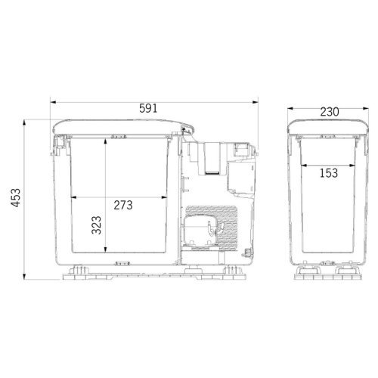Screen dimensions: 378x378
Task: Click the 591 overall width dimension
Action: (x=148, y=108)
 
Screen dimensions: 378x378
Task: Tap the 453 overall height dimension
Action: (x=16, y=198)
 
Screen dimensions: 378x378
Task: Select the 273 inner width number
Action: (x=123, y=205)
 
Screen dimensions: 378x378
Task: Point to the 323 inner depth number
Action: (x=96, y=225)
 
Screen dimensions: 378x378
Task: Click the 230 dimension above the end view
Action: (x=330, y=112)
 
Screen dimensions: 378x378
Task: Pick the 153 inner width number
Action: (x=329, y=173)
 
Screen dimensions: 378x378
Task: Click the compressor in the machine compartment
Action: (x=200, y=231)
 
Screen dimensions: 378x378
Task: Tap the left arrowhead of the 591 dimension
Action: (x=53, y=102)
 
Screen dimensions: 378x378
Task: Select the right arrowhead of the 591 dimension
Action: (x=256, y=102)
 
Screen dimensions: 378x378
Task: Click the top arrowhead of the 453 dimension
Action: (x=24, y=122)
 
